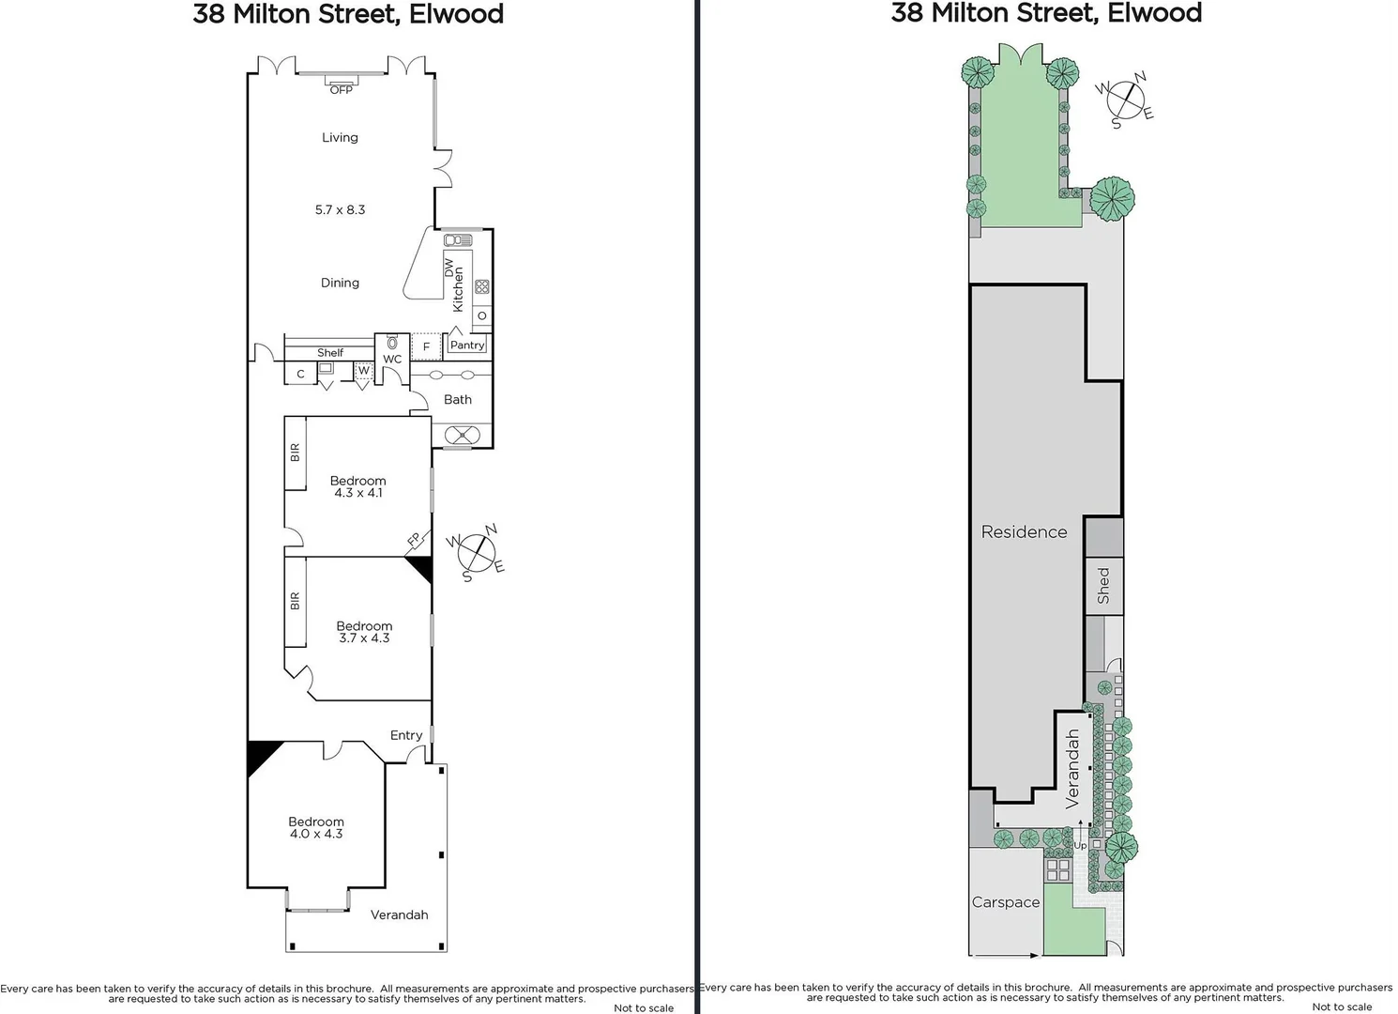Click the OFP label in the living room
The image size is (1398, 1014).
click(341, 89)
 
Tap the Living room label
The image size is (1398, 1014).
click(340, 137)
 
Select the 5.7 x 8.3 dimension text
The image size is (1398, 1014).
click(340, 209)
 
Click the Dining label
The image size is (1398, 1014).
click(340, 283)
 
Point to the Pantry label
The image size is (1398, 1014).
click(467, 345)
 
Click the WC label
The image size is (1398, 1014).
click(392, 360)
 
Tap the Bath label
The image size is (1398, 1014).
click(458, 399)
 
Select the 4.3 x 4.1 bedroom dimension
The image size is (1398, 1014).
click(358, 493)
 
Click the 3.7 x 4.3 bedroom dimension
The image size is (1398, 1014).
click(364, 638)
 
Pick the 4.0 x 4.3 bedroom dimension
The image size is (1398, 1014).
click(316, 834)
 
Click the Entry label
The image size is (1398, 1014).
click(406, 735)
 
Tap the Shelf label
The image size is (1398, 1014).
click(330, 353)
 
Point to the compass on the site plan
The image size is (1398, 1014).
click(1126, 100)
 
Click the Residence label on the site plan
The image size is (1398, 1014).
click(1024, 531)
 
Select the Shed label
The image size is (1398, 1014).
click(1103, 585)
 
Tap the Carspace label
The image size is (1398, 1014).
click(1006, 902)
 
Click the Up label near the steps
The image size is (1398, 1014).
click(1080, 846)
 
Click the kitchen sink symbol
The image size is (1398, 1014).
click(458, 240)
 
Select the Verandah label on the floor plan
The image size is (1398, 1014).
click(399, 914)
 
